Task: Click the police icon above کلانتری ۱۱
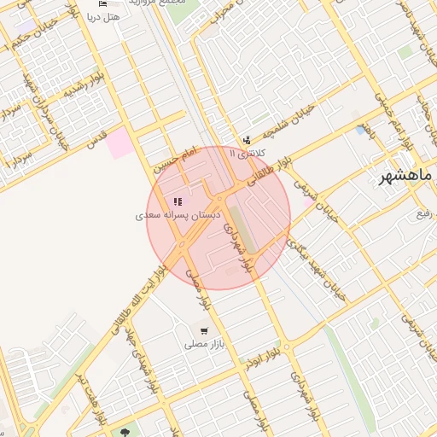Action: tap(247, 140)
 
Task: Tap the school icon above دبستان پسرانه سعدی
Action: tap(178, 202)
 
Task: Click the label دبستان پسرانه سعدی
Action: tap(178, 217)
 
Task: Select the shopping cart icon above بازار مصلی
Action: tap(203, 330)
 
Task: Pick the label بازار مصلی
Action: tap(204, 345)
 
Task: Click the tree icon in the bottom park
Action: tap(127, 432)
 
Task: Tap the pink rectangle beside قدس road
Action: tap(120, 143)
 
